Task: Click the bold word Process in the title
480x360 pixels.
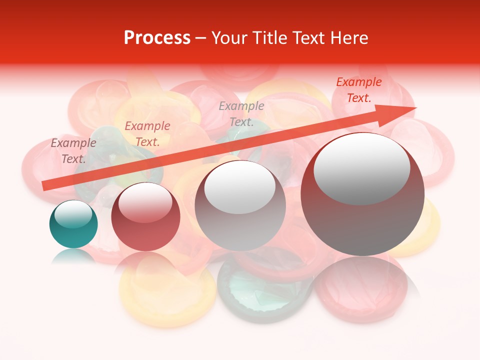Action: pyautogui.click(x=157, y=38)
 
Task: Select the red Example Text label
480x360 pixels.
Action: pyautogui.click(x=358, y=90)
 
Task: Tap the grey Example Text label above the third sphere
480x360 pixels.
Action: pyautogui.click(x=241, y=114)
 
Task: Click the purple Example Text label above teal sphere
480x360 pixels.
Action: pyautogui.click(x=73, y=151)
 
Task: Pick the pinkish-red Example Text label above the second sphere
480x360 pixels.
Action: pyautogui.click(x=147, y=134)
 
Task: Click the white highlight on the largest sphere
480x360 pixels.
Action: pyautogui.click(x=361, y=169)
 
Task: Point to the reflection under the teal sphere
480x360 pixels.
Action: pyautogui.click(x=73, y=256)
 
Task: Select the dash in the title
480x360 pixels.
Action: pyautogui.click(x=200, y=38)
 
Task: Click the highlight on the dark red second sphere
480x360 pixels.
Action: pyautogui.click(x=145, y=202)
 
